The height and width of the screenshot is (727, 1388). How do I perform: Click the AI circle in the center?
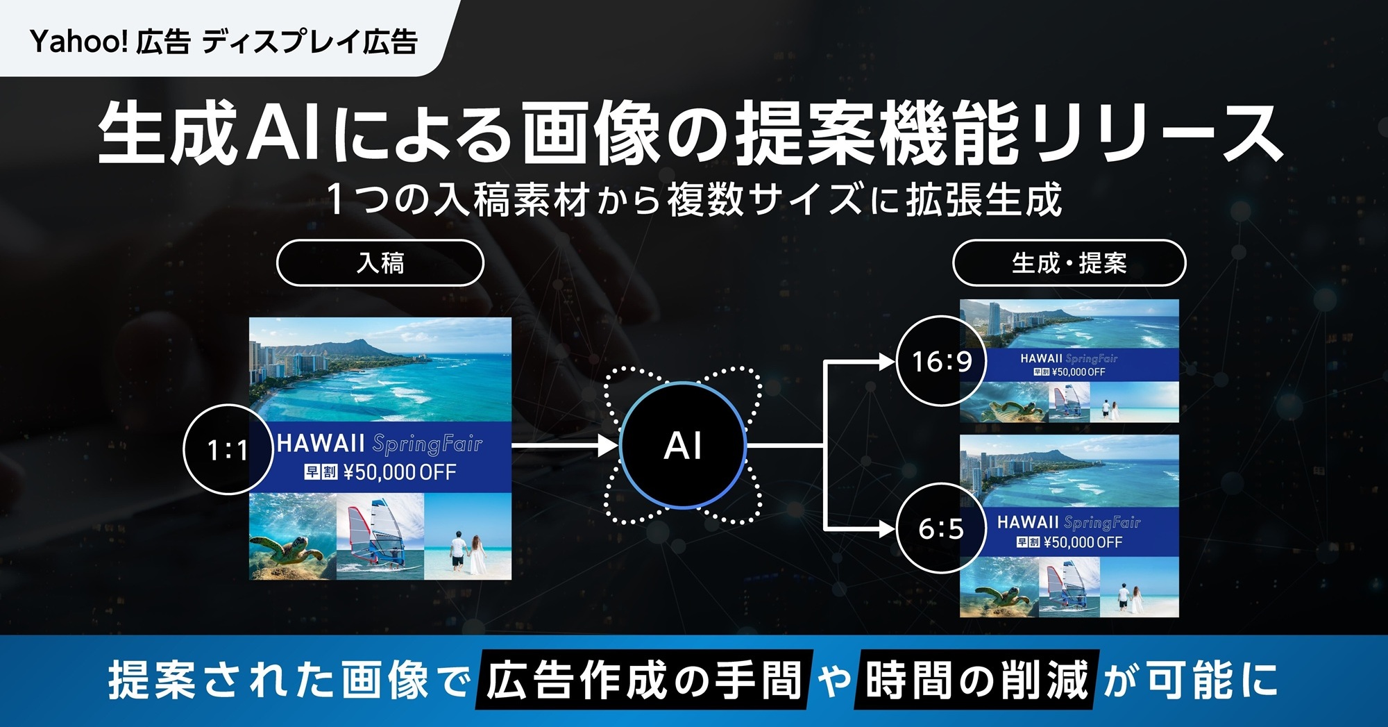click(683, 446)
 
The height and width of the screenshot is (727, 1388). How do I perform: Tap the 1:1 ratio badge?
click(228, 450)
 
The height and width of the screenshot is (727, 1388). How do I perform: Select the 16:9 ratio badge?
click(941, 361)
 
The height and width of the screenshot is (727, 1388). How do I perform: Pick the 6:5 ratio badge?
click(941, 528)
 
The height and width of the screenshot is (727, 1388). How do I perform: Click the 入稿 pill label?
click(380, 263)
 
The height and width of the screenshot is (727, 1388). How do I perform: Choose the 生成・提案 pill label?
click(1069, 263)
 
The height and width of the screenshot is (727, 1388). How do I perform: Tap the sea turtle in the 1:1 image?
click(285, 549)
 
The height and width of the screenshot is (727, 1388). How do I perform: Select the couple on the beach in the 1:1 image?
click(467, 552)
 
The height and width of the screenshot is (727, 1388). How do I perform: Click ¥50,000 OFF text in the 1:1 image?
click(400, 473)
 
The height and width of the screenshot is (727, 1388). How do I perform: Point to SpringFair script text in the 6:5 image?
click(1102, 523)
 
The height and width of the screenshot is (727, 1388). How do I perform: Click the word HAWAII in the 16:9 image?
click(1041, 358)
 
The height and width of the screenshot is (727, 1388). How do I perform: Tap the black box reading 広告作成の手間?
click(643, 679)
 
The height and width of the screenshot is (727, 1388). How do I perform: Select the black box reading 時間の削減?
click(977, 679)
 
